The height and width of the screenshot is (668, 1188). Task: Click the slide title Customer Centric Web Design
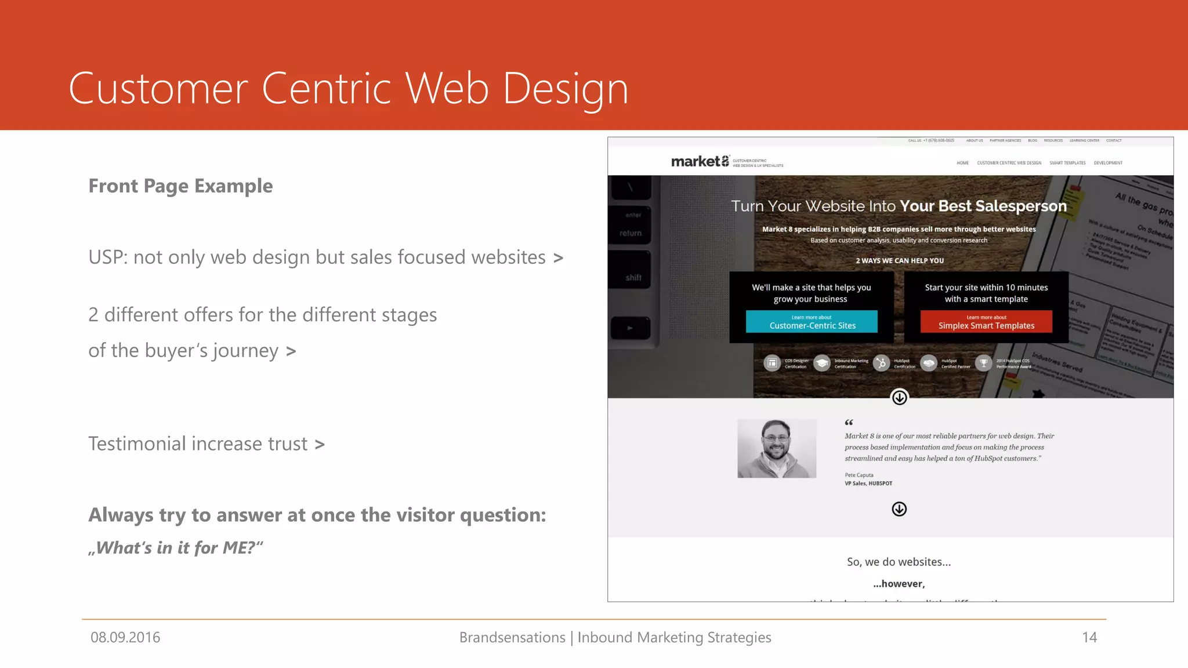tap(348, 88)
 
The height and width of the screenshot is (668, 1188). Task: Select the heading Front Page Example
tap(180, 186)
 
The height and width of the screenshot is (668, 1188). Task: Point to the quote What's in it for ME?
tap(176, 547)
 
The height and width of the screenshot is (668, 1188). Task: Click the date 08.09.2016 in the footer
tap(125, 637)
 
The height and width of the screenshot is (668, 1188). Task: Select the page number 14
tap(1089, 637)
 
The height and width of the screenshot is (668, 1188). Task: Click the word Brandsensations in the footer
tap(512, 637)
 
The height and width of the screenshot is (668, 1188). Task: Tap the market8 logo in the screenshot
tap(700, 161)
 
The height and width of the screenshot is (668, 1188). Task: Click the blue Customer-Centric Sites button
tap(812, 322)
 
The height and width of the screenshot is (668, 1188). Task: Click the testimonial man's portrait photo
tap(777, 448)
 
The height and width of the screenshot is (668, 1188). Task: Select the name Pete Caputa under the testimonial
tap(859, 475)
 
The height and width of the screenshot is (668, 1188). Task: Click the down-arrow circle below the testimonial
tap(899, 509)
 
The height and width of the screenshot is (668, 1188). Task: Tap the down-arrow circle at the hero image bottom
tap(899, 397)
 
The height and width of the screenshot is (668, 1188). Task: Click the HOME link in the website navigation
tap(962, 163)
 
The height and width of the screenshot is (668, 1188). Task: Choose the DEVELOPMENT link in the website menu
tap(1108, 163)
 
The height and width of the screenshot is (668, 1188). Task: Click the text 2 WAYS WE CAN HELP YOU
tap(899, 260)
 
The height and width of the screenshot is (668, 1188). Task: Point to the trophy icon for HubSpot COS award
tap(983, 363)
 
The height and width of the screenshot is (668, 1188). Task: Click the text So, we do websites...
tap(899, 562)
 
